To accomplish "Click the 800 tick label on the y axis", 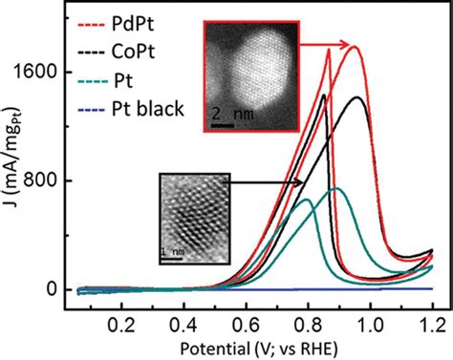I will coord(52,180).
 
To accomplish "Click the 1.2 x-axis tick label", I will coord(431,323).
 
